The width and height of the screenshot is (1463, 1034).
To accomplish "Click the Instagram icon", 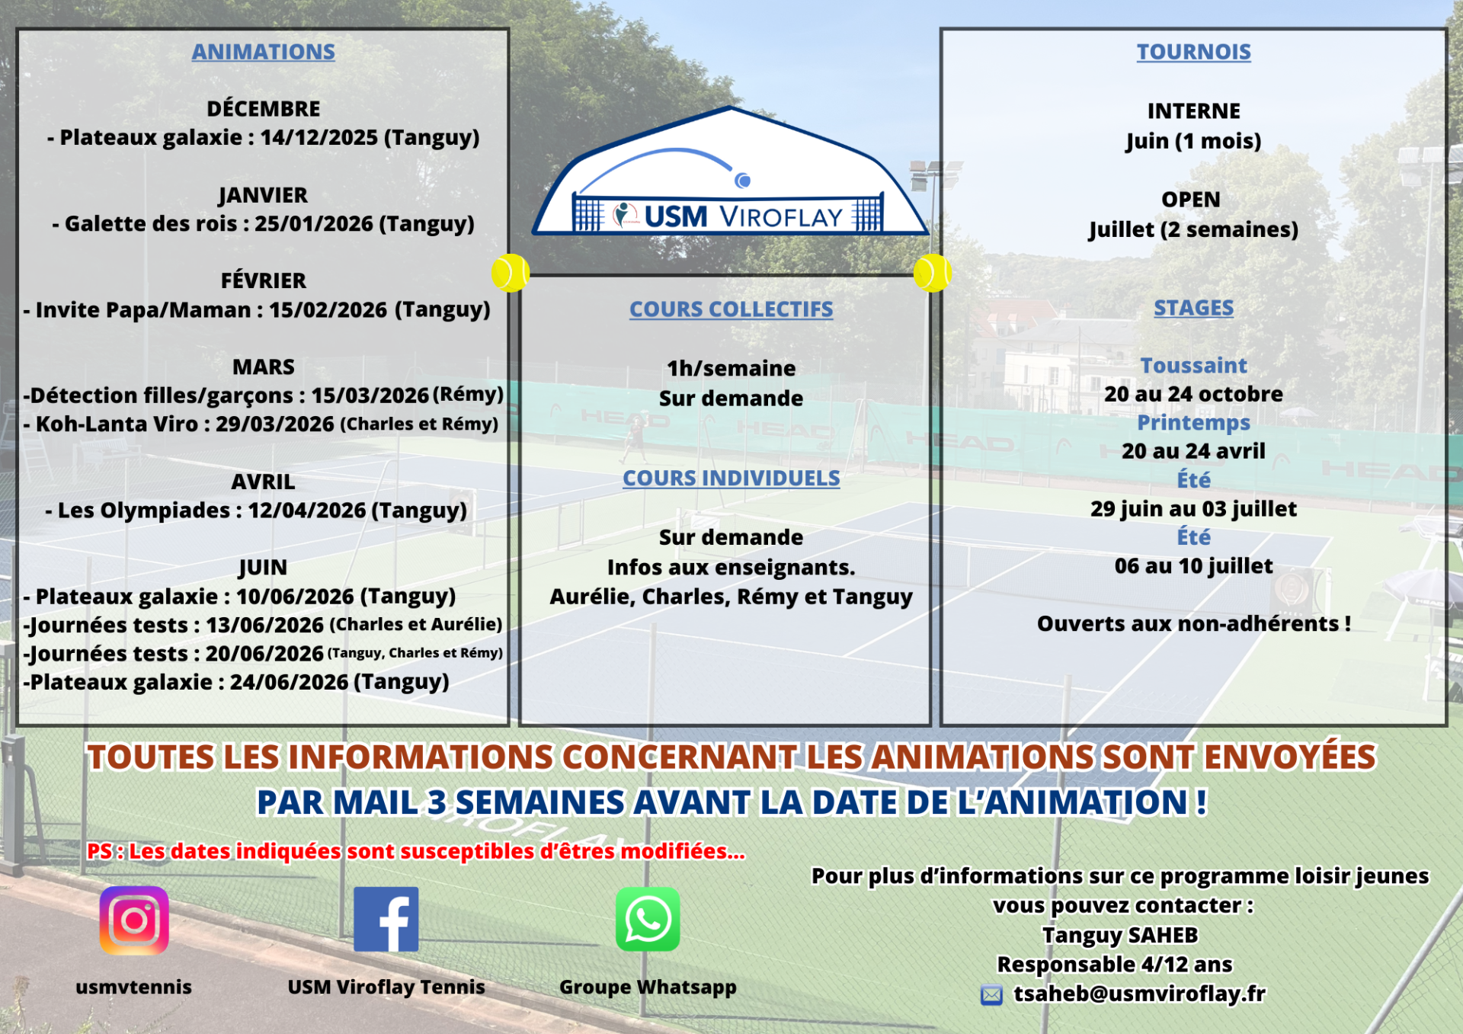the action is tap(134, 920).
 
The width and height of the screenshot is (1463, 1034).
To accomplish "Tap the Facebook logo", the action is tap(386, 919).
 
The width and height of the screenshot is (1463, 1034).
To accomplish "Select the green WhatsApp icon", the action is tap(648, 919).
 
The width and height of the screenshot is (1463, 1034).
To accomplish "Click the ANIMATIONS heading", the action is tap(264, 52).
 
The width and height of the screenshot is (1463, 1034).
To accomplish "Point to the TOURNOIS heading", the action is tap(1194, 52).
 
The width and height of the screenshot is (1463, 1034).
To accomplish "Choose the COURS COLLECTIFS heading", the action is tap(731, 309).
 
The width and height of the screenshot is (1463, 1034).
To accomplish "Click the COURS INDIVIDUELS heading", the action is tap(731, 479).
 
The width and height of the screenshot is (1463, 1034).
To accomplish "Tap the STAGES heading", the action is tap(1194, 308).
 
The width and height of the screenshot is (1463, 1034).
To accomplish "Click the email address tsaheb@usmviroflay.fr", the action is tap(1140, 994).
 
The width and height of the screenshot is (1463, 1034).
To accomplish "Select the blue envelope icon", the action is tap(991, 995).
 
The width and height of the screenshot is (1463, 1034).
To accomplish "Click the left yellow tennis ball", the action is tap(511, 273).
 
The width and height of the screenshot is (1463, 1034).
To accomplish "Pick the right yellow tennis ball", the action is tap(933, 273).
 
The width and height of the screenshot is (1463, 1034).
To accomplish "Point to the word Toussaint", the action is tap(1194, 366).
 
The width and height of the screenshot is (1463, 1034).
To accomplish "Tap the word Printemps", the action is tap(1194, 423).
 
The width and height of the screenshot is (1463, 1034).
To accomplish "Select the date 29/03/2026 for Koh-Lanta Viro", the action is tap(275, 424).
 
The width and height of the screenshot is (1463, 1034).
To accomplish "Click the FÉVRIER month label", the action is tap(264, 280).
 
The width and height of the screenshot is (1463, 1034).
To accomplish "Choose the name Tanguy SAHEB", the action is tap(1120, 935).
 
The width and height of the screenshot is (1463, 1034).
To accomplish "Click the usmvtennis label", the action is tap(134, 987).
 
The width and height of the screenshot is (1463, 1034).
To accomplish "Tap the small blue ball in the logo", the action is tap(743, 181).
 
